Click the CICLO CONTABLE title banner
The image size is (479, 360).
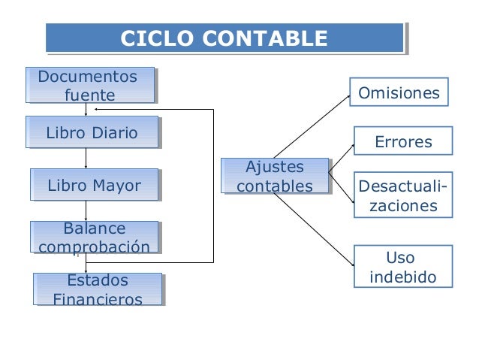[x=224, y=38]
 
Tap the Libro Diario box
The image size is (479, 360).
[x=92, y=134]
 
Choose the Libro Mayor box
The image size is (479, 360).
[x=94, y=185]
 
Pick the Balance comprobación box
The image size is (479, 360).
[x=95, y=237]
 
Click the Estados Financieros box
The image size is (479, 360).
[x=98, y=290]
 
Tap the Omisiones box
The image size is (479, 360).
[x=399, y=93]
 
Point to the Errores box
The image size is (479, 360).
[x=403, y=142]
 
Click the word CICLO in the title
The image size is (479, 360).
[x=153, y=38]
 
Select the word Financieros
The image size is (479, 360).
[x=98, y=300]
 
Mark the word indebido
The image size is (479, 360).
[x=403, y=277]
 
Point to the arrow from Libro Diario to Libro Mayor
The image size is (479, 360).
[x=86, y=158]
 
